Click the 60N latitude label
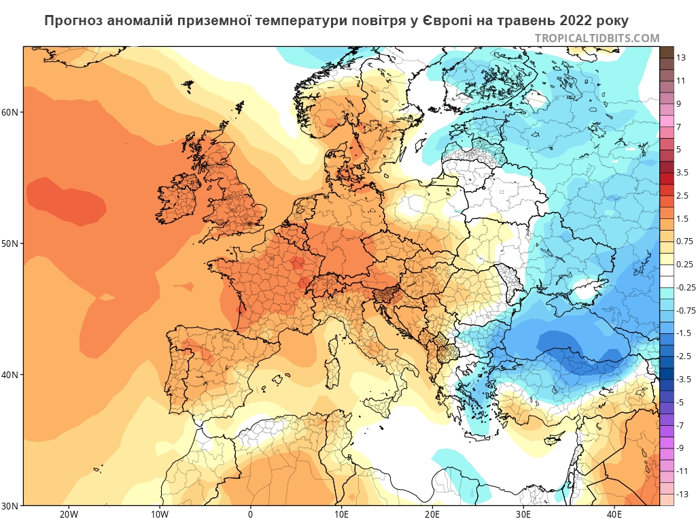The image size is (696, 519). click(12, 112)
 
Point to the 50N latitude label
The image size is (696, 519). click(12, 244)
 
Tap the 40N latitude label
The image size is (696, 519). click(12, 375)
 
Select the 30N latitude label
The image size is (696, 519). click(12, 505)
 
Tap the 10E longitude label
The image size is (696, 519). click(341, 514)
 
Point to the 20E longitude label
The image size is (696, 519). click(432, 514)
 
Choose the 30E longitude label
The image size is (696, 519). click(523, 514)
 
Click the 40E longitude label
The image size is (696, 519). click(614, 514)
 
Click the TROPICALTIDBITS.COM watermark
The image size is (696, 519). click(597, 38)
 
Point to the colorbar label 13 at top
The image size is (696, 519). click(681, 58)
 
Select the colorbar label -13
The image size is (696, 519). click(682, 494)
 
